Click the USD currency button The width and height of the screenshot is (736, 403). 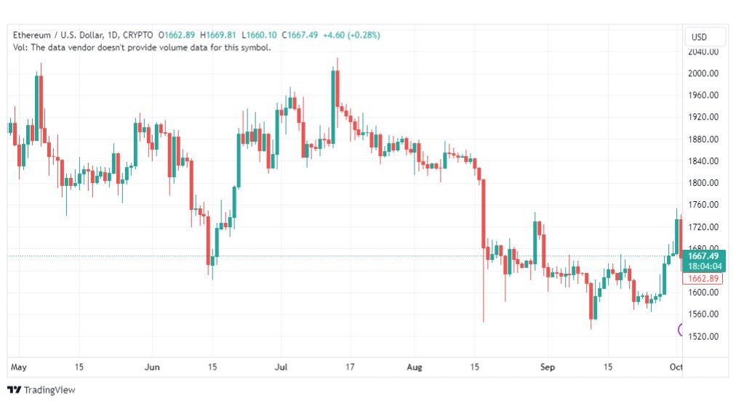point(699,37)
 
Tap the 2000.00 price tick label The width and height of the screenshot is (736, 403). point(703,73)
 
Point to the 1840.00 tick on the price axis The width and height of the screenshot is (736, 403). point(703,160)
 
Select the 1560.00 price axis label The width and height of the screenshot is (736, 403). point(703,314)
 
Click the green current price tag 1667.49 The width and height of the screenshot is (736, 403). point(703,261)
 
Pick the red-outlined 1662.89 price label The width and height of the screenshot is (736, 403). point(703,278)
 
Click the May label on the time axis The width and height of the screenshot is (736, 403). point(19,367)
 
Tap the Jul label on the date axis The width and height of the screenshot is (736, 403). point(281,367)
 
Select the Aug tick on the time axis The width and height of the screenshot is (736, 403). point(414,367)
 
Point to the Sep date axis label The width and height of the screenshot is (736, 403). point(548,367)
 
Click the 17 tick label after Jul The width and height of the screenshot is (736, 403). point(350,367)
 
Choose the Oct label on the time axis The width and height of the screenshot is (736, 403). point(676,367)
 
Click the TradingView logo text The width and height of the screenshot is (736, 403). point(49,390)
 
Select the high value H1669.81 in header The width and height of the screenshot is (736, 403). point(217,35)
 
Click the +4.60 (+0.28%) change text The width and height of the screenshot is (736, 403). point(351,35)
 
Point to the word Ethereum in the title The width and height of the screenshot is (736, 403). point(31,35)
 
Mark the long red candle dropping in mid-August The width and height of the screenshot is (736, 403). point(484,213)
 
